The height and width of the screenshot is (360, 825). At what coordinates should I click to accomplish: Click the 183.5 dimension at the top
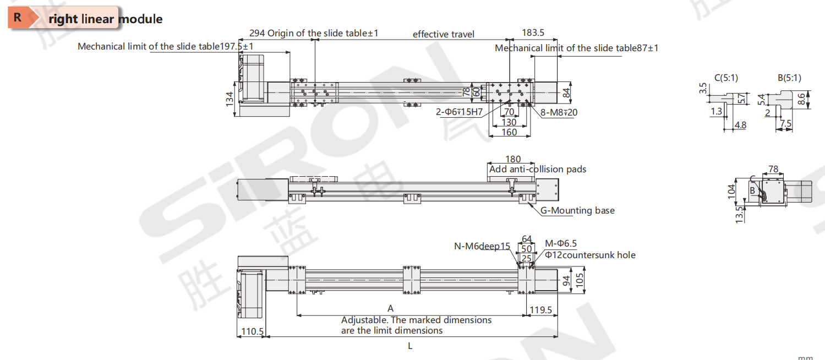tap(533, 33)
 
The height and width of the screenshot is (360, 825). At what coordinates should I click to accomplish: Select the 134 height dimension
tap(230, 99)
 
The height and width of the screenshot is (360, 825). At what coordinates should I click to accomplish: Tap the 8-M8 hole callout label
tap(559, 112)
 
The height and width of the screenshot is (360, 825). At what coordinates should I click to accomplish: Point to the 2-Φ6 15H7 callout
tap(459, 112)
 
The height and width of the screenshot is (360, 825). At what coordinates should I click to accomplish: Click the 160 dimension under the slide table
tap(509, 132)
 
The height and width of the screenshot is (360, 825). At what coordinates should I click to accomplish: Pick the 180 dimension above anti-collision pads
tap(513, 159)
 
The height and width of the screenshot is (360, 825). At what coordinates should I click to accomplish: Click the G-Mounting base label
tap(577, 210)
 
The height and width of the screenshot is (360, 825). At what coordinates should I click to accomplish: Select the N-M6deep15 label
tap(482, 246)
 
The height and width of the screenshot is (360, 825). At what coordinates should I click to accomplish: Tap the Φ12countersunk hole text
tap(590, 255)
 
